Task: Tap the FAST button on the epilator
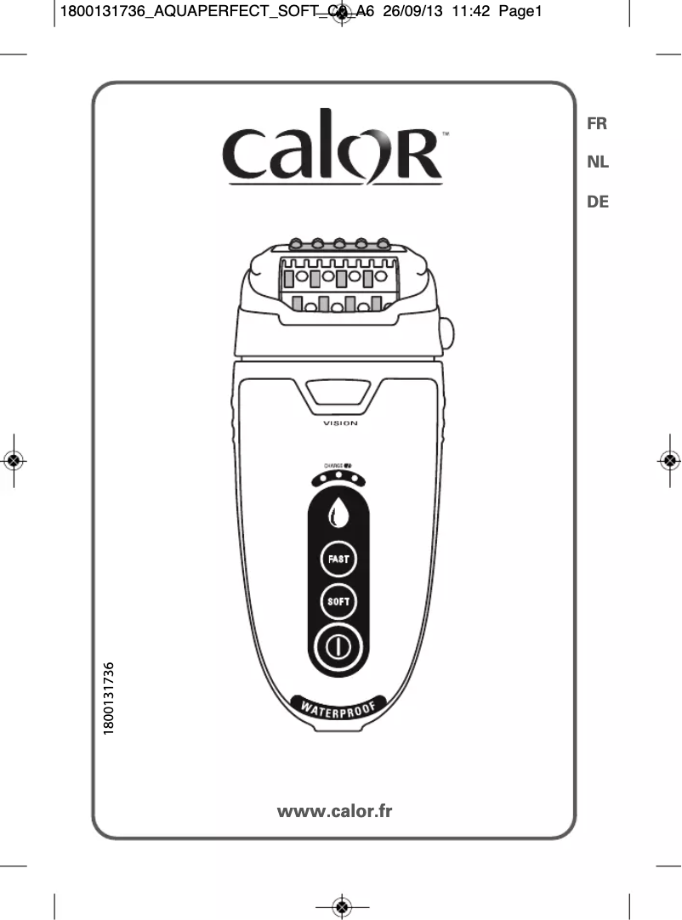[x=338, y=559]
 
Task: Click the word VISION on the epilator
[x=340, y=423]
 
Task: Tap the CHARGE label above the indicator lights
[x=332, y=465]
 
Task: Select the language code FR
[x=597, y=123]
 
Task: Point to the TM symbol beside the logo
[x=446, y=134]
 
